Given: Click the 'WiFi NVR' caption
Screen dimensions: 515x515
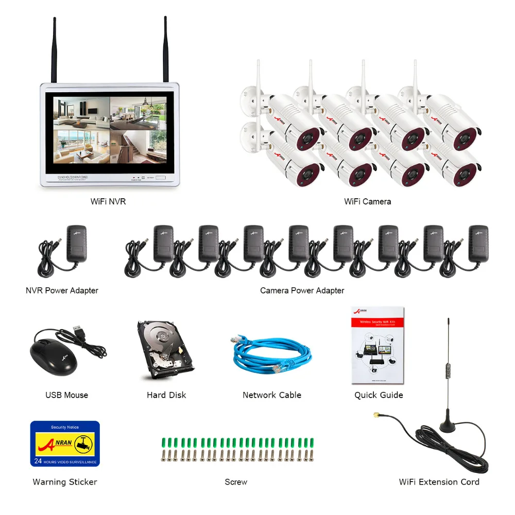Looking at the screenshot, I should click(x=108, y=201).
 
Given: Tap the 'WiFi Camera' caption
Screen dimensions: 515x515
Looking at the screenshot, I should click(x=367, y=201).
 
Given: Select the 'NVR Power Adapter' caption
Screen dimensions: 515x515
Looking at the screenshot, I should click(x=62, y=290).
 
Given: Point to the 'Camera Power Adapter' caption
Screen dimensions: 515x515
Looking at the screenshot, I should click(x=302, y=290).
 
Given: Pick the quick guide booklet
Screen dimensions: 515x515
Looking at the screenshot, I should click(x=378, y=346).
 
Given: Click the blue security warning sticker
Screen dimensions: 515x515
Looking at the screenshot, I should click(x=65, y=443).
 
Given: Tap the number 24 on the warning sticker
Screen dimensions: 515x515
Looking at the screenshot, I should click(x=38, y=461).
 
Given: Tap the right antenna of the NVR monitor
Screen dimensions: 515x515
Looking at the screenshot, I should click(x=166, y=49).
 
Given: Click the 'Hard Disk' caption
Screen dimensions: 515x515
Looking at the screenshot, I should click(x=166, y=395).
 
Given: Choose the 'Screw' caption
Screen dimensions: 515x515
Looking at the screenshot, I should click(x=236, y=482).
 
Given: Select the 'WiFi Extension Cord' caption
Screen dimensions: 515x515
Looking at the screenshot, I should click(x=439, y=482).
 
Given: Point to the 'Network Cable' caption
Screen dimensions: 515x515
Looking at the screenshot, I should click(x=272, y=395).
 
